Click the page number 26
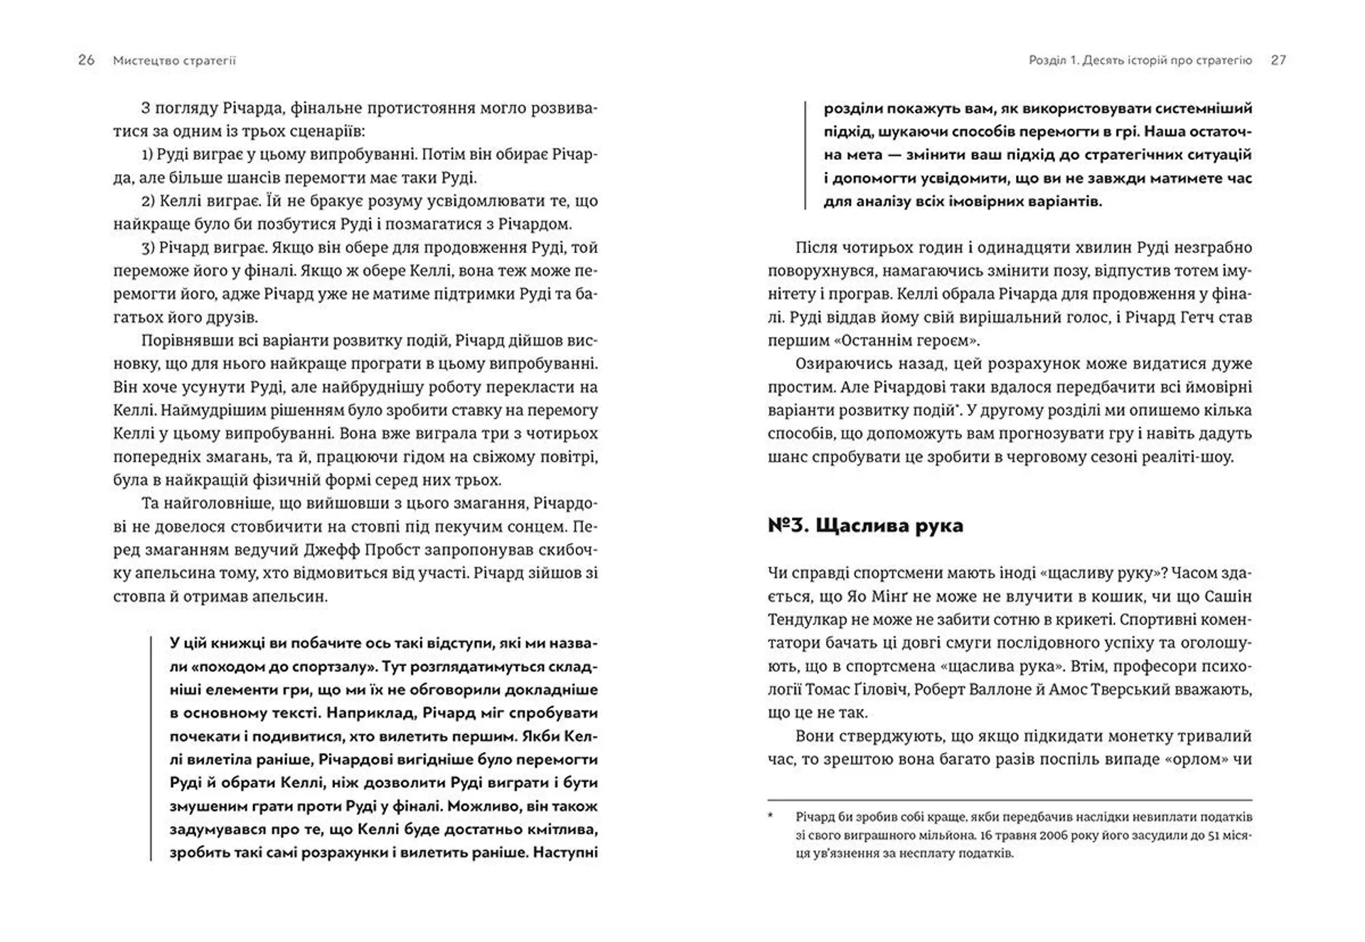click(x=86, y=60)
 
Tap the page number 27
click(x=1278, y=60)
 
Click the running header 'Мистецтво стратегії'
click(x=174, y=61)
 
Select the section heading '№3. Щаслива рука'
click(x=865, y=525)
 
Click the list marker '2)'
click(x=148, y=201)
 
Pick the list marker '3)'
click(x=148, y=248)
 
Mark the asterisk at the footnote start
click(x=771, y=815)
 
